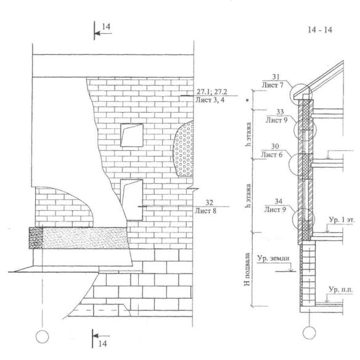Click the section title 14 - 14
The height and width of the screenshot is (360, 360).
(x=320, y=30)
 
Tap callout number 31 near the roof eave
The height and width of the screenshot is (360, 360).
(x=276, y=77)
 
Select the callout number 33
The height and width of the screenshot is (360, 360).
(x=280, y=112)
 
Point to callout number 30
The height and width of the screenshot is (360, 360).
(x=275, y=146)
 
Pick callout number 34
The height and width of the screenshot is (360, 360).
(x=278, y=202)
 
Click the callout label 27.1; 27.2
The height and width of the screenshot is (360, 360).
(x=211, y=92)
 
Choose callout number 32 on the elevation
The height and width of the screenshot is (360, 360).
(x=209, y=202)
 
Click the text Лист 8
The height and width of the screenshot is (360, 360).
(x=205, y=211)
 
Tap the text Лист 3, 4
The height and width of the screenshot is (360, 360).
(x=210, y=100)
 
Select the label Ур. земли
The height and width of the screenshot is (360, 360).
(x=273, y=258)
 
